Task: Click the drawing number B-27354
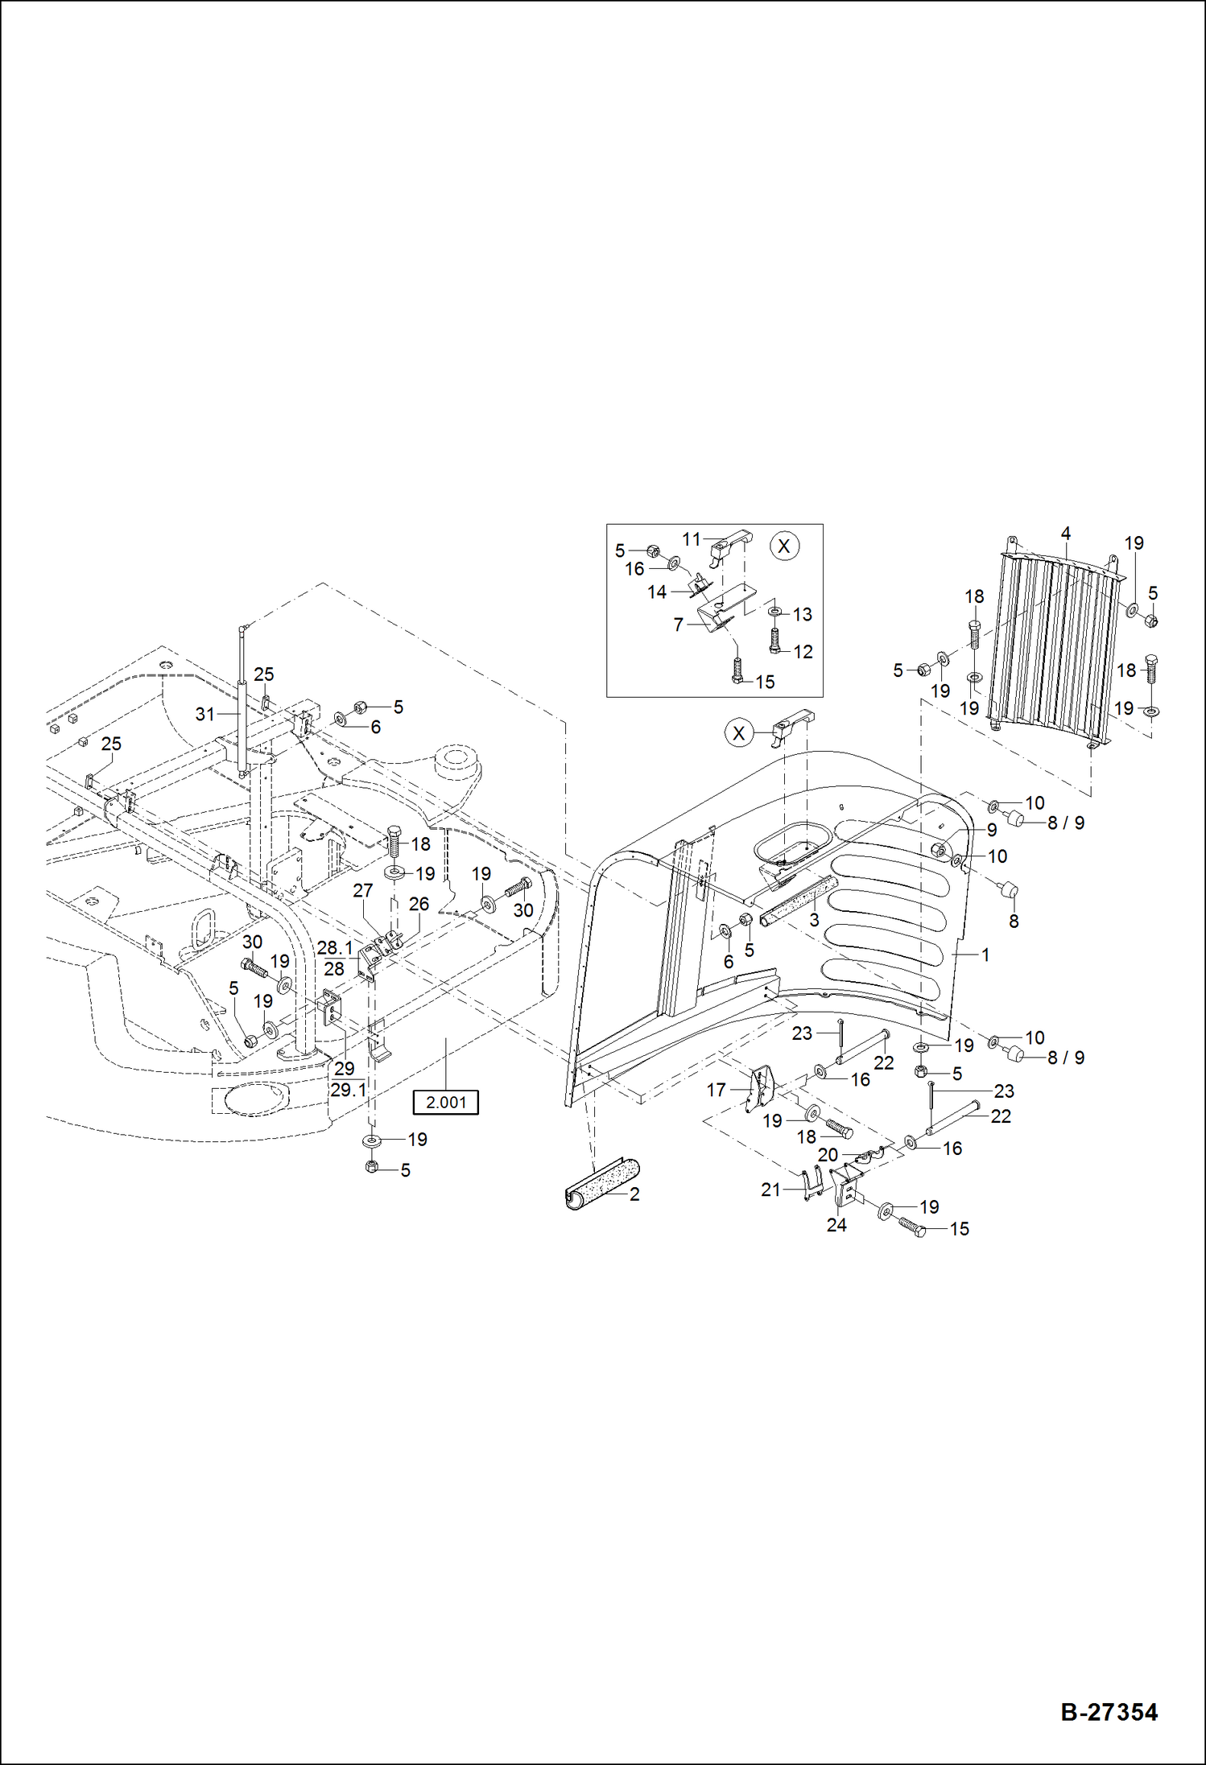click(1109, 1712)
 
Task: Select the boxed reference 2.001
click(445, 1102)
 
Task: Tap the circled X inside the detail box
click(784, 546)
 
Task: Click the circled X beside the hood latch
click(738, 733)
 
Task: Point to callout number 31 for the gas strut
click(204, 714)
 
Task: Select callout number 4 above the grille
click(1065, 534)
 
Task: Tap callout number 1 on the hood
click(985, 955)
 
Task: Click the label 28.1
click(334, 948)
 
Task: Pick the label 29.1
click(348, 1090)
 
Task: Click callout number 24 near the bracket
click(836, 1225)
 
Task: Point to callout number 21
click(770, 1190)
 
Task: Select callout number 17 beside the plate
click(716, 1090)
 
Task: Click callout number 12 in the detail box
click(803, 652)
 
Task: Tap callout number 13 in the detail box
click(802, 615)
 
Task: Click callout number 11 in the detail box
click(691, 539)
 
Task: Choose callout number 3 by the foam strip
click(814, 920)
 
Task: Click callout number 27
click(362, 890)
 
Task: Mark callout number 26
click(419, 904)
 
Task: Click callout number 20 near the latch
click(828, 1155)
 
